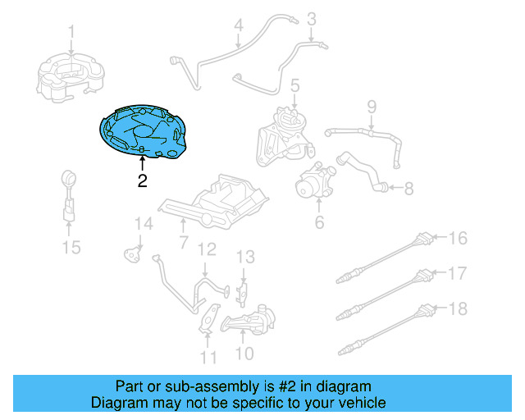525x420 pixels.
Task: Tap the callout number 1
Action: coord(71,32)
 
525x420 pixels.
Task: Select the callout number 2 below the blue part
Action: coord(142,181)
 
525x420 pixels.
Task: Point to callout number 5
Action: coord(294,84)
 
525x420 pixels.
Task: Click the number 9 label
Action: coord(371,106)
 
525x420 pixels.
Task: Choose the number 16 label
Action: coord(458,239)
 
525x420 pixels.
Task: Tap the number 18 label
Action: coord(458,309)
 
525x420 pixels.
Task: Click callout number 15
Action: coord(71,246)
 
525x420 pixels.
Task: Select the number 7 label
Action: coord(183,243)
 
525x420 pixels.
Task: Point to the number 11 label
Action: coord(208,357)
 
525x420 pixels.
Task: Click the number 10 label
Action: coord(244,354)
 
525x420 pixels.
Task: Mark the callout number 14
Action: coord(144,223)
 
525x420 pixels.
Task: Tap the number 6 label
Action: coord(319,221)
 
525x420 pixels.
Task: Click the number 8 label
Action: coord(408,189)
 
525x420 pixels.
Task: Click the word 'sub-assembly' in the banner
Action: coord(188,386)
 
